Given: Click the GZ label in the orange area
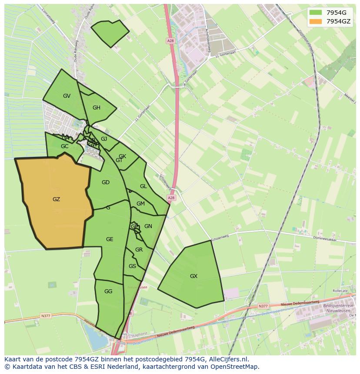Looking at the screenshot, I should (56, 199).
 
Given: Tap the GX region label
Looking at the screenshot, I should (193, 276).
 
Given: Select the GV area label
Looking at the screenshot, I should (67, 96).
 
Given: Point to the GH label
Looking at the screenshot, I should (96, 108).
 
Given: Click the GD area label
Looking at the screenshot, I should (105, 182).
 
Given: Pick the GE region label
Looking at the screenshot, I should (110, 239).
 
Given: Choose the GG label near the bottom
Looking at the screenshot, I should (108, 291).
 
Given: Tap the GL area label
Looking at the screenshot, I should (143, 186).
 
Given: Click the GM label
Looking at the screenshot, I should (140, 204).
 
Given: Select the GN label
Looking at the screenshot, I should (148, 226).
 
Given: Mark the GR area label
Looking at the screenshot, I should (139, 250).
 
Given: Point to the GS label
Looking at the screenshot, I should (132, 266).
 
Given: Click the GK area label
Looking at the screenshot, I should (122, 156).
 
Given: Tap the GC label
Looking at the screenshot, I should (64, 146).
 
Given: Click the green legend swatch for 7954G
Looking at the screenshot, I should (315, 13).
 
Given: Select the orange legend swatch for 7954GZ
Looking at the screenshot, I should (315, 21).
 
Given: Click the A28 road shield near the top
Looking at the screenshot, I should (170, 40).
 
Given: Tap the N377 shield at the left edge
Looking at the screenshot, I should (46, 316).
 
